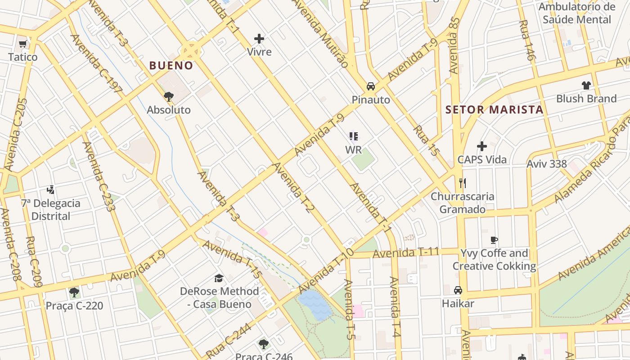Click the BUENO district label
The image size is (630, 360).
click(171, 66)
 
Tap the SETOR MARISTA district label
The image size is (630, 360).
click(494, 109)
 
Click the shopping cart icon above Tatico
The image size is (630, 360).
click(23, 44)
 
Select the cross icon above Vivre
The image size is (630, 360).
click(259, 39)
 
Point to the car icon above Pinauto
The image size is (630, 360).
click(371, 86)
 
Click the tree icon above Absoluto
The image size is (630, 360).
click(169, 96)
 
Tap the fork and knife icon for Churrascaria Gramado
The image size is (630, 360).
click(462, 183)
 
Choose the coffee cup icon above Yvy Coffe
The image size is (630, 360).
click(494, 240)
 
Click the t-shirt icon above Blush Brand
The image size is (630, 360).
click(586, 85)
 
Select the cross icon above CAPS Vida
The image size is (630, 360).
click(482, 146)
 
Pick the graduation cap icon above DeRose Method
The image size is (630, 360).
click(219, 278)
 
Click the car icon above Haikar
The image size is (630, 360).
click(458, 290)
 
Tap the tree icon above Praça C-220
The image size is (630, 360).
click(74, 292)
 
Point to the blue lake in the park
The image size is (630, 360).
click(314, 305)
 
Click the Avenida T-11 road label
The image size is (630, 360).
click(405, 253)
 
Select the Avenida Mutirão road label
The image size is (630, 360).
click(321, 34)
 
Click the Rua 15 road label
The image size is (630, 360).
click(426, 141)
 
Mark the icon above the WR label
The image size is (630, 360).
click(354, 136)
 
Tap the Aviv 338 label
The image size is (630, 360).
click(547, 164)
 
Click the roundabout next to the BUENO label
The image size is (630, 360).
click(191, 50)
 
